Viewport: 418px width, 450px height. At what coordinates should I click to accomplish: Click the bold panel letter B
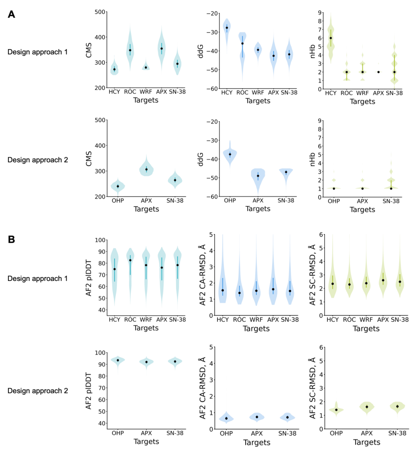(11, 240)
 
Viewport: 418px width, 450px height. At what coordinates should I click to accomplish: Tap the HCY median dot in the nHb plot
(331, 38)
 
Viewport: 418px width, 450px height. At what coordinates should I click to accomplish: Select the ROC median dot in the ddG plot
(242, 43)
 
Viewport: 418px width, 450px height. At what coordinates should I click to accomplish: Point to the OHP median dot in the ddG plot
(230, 154)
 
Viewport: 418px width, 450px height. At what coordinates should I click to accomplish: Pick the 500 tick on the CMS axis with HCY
(100, 12)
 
